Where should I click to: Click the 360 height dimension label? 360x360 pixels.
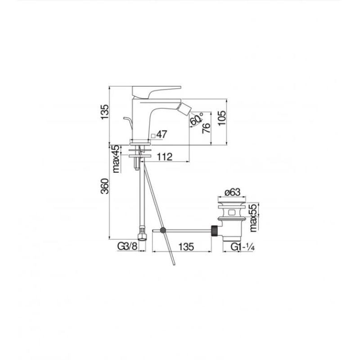105,186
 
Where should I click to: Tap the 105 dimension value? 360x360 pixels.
222,118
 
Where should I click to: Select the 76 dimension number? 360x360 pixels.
206,128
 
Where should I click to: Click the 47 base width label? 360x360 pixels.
162,134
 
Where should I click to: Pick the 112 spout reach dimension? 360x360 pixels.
164,157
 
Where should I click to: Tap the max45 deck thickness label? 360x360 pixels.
117,159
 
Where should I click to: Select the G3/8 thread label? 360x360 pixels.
127,246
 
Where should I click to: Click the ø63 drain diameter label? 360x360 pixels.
232,192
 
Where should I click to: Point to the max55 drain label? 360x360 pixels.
253,217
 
